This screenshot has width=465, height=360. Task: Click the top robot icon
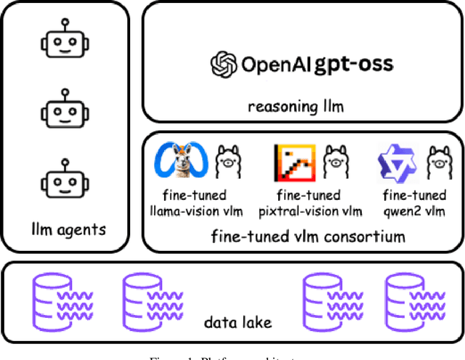click(x=64, y=41)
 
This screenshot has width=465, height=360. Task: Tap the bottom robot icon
click(x=64, y=180)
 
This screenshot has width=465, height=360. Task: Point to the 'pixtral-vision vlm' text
click(x=310, y=211)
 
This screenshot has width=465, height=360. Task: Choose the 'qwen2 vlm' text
click(x=413, y=211)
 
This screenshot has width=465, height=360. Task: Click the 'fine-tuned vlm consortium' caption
click(x=308, y=236)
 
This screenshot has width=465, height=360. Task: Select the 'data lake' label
click(x=232, y=321)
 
